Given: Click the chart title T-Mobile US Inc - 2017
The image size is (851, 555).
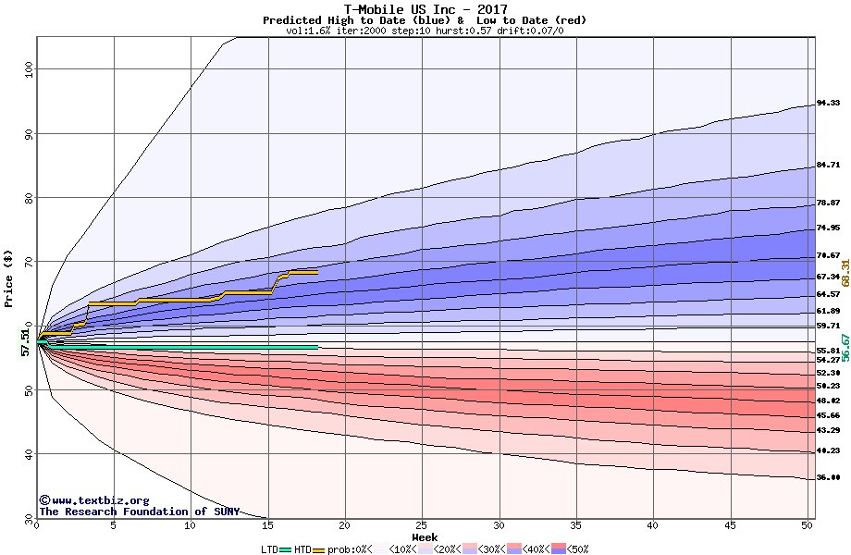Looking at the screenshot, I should tap(425, 9).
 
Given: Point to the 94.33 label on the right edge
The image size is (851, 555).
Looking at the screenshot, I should tap(828, 103).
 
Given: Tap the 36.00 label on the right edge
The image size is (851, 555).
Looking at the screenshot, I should tap(828, 477).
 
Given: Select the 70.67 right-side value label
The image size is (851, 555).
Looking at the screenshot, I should tap(828, 255).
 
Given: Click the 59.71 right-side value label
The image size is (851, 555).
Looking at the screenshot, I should tap(828, 326).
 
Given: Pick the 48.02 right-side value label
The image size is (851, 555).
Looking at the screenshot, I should tap(828, 401).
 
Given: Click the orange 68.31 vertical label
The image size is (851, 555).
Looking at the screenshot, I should tap(845, 277).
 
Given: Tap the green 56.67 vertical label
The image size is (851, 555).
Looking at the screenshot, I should tap(845, 347).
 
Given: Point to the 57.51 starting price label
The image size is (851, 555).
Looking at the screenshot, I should tap(26, 343).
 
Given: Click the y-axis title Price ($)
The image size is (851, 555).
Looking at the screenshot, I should tap(8, 277).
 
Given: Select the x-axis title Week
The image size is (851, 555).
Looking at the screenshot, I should tap(425, 537).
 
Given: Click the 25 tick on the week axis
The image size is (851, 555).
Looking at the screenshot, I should tap(422, 525).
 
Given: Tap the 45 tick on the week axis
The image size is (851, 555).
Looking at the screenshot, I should tap(730, 525).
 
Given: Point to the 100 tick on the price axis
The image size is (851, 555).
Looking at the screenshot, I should tap(29, 68).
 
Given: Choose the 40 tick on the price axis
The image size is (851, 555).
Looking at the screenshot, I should tap(29, 453).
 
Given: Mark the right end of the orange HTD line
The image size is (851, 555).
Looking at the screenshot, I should tap(316, 272).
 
